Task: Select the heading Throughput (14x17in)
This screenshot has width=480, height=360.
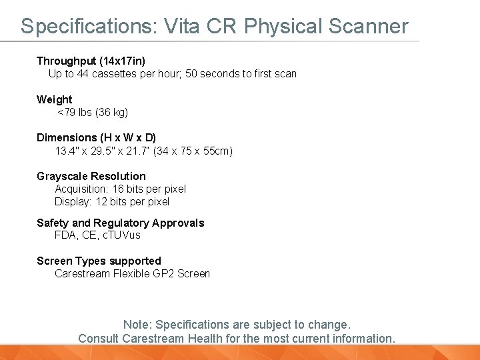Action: point(91,61)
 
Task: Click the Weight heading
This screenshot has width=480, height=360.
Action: point(54,99)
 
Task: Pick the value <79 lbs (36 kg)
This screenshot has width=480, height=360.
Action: point(93,112)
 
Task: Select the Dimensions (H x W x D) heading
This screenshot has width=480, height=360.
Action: point(96,138)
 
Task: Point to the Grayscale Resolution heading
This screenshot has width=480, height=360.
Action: point(91,176)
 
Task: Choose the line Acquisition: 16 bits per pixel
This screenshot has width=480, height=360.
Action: point(120,189)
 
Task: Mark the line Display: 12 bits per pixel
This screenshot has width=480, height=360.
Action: point(112,201)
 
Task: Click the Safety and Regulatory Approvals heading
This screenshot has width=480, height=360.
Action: point(120,223)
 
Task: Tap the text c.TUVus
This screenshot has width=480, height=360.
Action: point(121,235)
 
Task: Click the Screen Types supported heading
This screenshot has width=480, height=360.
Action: point(99,261)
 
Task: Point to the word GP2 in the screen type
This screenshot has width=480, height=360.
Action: point(163,273)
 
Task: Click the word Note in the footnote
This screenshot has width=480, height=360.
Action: point(137,325)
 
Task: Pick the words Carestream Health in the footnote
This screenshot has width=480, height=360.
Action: point(163,338)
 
